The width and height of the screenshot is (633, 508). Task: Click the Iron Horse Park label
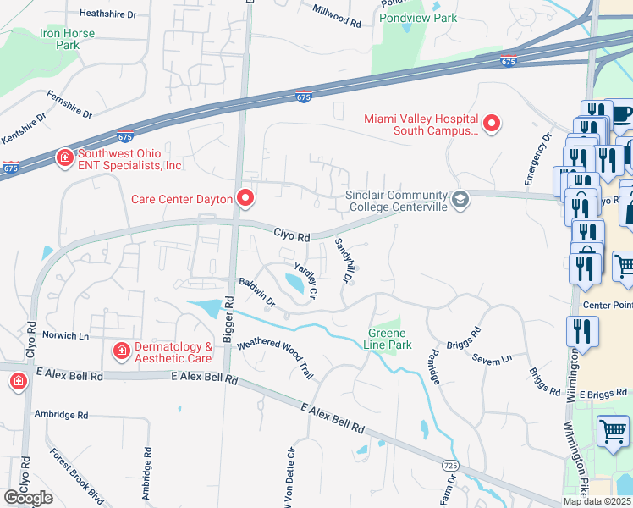click(67, 40)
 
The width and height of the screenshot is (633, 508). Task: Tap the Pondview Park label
click(418, 18)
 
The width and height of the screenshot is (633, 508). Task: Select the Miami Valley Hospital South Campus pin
click(491, 124)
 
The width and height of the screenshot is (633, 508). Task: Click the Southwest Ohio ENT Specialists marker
click(64, 158)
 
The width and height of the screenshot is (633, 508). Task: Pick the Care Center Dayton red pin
click(245, 199)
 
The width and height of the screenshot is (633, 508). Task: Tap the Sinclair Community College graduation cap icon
click(460, 200)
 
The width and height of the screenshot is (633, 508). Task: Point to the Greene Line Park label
click(389, 339)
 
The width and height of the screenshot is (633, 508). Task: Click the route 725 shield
click(451, 466)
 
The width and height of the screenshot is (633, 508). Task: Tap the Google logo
click(28, 498)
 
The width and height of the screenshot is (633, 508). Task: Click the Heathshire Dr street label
click(107, 14)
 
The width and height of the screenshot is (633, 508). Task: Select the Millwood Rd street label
click(337, 15)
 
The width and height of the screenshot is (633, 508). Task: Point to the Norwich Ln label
click(60, 336)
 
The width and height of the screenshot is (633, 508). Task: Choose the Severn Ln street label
click(493, 359)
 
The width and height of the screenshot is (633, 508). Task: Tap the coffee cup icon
click(621, 113)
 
